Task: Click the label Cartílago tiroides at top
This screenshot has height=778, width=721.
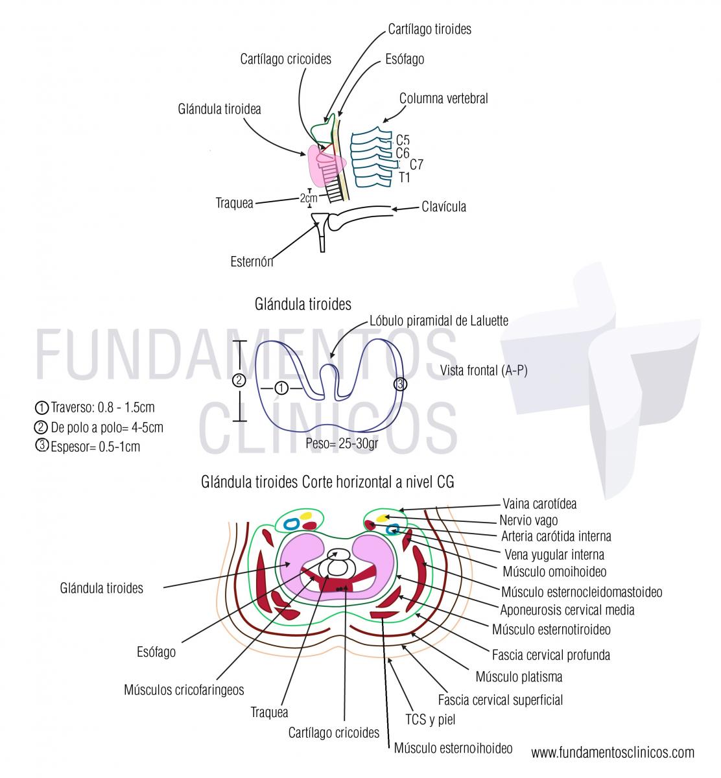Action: coord(429,29)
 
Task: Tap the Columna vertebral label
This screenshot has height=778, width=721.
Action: coord(443,99)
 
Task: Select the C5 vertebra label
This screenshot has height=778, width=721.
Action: coord(403,140)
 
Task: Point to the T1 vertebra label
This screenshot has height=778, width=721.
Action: coord(404,177)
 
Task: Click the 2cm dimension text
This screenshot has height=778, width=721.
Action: coord(309,198)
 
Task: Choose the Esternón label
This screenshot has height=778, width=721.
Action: coord(252,262)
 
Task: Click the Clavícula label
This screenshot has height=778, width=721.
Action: coord(443,207)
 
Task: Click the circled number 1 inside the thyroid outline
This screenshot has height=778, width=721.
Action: coord(281,388)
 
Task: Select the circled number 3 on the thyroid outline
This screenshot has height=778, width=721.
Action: coord(401,384)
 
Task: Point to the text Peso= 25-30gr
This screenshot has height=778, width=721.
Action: coord(342,445)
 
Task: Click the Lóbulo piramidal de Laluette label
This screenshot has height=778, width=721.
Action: coord(438,320)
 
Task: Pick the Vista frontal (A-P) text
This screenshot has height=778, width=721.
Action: coord(479,370)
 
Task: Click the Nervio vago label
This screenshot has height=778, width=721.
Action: coord(528,520)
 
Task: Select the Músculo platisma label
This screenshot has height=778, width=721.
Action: coord(519,677)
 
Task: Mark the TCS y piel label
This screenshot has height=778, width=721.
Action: coord(431,720)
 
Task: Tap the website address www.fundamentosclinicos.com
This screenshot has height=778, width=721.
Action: coord(612,752)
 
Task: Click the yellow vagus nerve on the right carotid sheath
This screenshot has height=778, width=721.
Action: coord(383,518)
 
